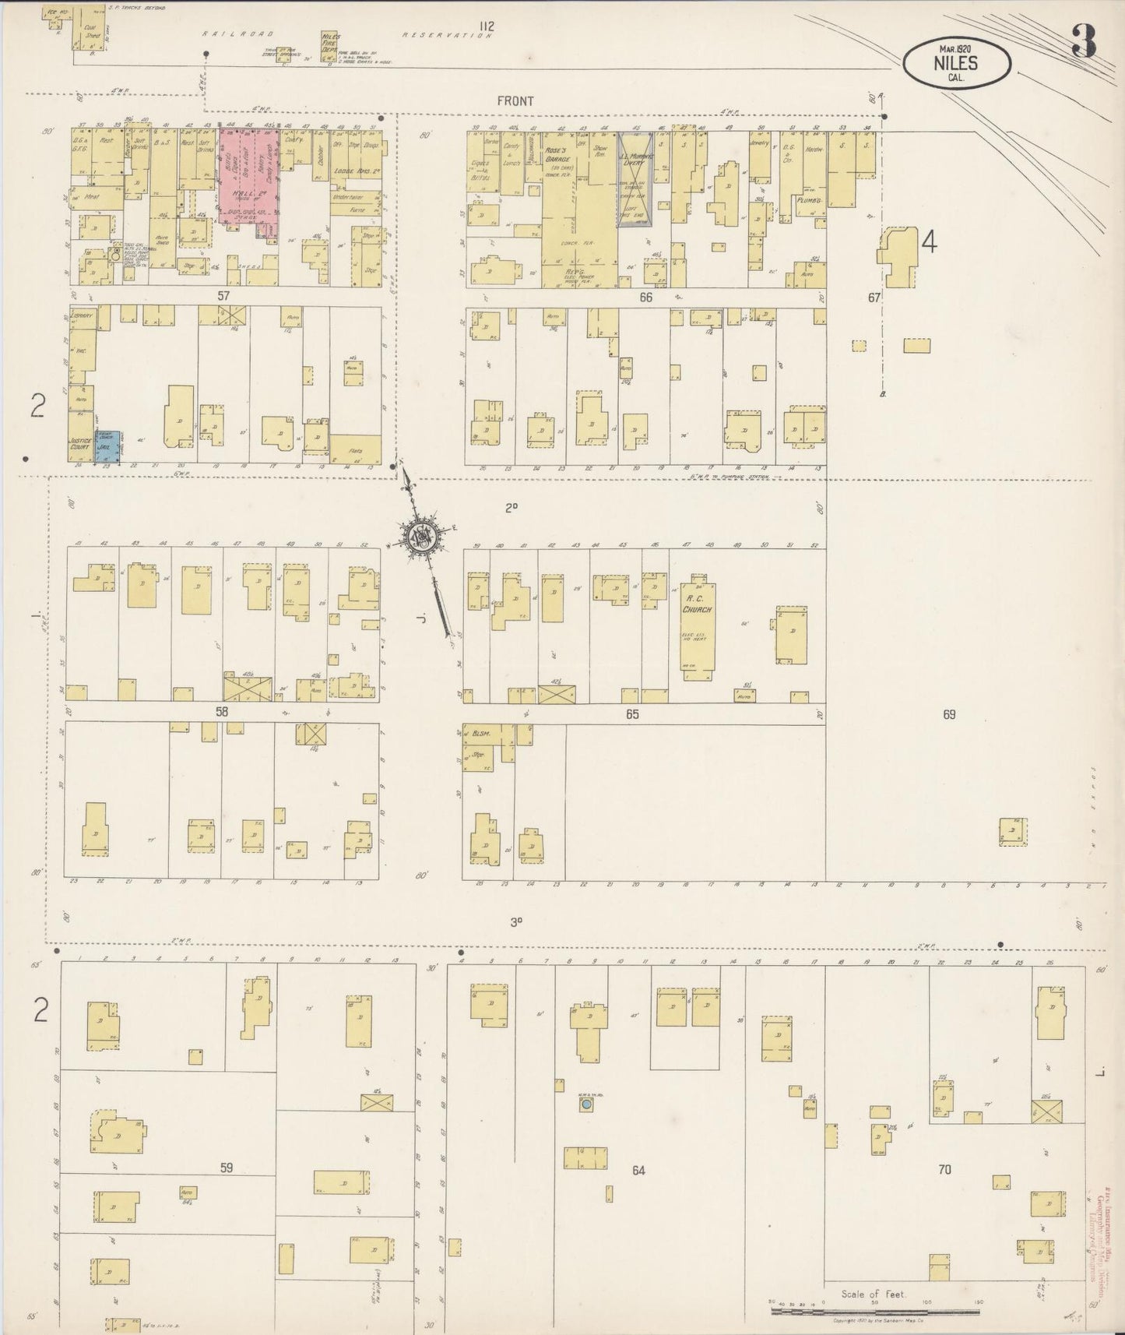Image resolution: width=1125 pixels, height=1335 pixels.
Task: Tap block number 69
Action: (948, 714)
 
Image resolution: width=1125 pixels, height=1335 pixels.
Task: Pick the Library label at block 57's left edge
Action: (81, 315)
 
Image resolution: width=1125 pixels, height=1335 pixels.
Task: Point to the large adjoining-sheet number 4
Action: (928, 243)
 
